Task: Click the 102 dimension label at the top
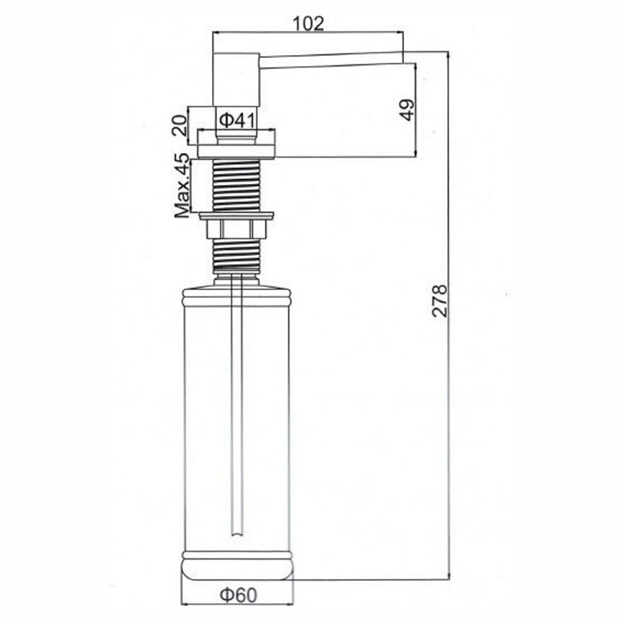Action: [308, 23]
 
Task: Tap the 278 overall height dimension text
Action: [439, 300]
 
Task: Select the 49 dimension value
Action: [407, 110]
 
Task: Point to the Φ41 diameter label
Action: [237, 120]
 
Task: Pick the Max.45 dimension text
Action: [182, 185]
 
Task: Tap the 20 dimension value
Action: [180, 125]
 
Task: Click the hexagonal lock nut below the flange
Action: [236, 229]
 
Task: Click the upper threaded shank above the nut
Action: [236, 186]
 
